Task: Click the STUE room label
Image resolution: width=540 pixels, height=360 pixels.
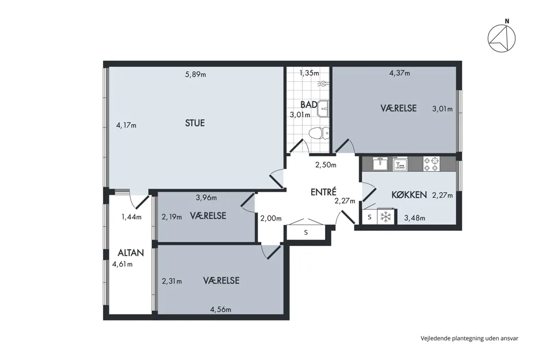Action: pos(195,123)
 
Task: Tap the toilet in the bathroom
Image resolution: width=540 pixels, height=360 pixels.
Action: pos(319,133)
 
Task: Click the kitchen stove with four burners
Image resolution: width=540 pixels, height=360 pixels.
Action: pos(431,164)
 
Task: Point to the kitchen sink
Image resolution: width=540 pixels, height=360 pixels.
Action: pos(380,164)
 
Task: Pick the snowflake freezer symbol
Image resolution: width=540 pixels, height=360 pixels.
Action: pos(385,217)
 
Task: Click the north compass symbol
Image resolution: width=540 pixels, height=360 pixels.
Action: pos(502,37)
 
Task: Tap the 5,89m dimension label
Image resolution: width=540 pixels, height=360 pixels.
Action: pos(195,74)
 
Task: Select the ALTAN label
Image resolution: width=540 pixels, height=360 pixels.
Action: pos(131,253)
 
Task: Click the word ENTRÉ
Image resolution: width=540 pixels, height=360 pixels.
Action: pos(323,192)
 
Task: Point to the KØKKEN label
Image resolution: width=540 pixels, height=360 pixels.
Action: pos(409,194)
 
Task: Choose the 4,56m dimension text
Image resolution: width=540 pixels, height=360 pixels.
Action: pos(221,310)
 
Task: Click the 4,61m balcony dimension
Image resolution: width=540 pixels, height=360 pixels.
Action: pos(122,264)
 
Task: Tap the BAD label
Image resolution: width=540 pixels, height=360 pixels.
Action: pos(309,104)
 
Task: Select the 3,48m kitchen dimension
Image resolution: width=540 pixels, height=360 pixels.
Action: pos(415,218)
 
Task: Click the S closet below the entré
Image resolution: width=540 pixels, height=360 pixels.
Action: pos(306,232)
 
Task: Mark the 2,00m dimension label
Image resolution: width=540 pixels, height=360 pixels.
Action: pos(271,218)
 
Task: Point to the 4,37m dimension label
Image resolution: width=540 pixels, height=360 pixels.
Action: pos(400,73)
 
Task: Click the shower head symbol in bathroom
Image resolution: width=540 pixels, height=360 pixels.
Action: pos(323,83)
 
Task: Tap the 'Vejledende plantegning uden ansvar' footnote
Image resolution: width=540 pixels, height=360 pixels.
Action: pos(470,338)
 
